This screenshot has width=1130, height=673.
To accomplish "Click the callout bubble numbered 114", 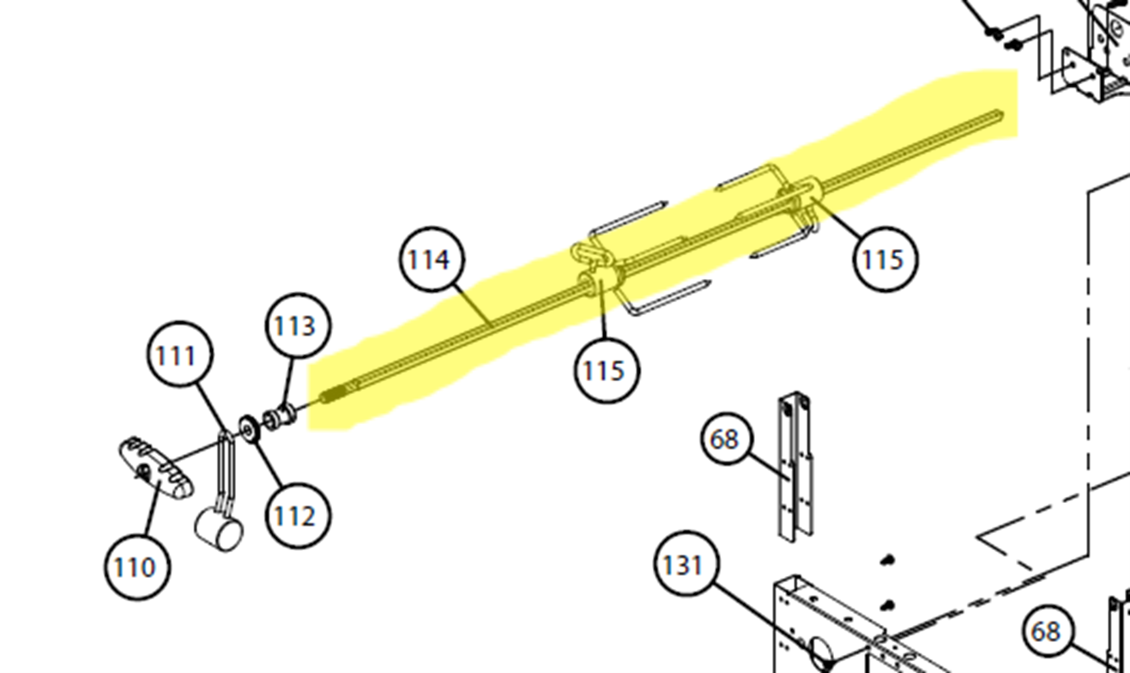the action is pos(432,259).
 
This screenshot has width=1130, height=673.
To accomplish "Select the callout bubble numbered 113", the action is pos(298,325).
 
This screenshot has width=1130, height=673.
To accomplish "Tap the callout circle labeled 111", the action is pos(180,355).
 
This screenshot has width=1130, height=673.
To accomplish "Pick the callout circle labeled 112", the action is pos(298,515).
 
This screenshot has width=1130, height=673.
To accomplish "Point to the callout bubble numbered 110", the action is pos(137,567).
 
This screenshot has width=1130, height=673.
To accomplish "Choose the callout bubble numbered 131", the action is pos(686,563).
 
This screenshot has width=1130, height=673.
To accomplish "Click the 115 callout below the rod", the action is pos(607,370).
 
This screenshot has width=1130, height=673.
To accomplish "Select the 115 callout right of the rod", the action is pos(885,259).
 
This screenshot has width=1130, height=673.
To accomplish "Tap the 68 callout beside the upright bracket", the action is pos(727,440).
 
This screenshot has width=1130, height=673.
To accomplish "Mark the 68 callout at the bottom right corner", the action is pos(1048,631).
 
